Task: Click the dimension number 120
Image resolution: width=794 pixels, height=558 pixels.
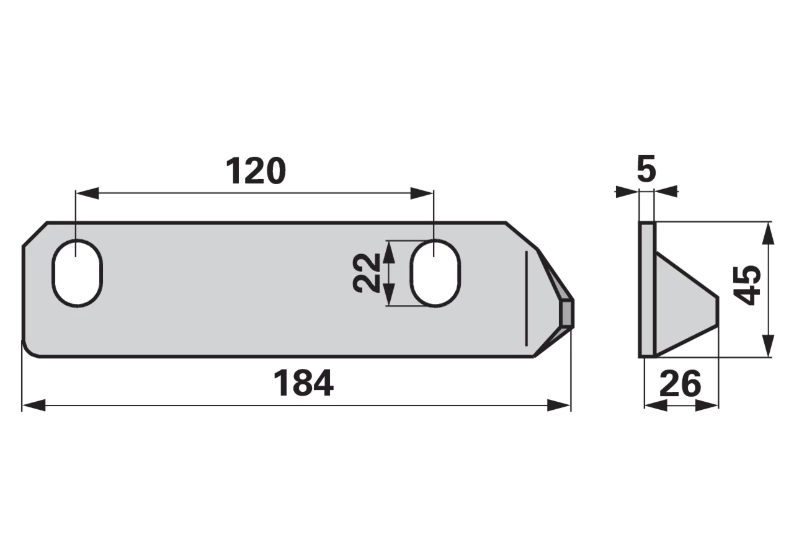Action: coord(256,171)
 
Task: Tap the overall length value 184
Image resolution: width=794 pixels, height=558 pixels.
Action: coord(303,383)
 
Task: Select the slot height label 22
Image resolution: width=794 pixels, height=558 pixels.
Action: coord(367,273)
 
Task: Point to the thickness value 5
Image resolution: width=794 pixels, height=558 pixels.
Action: coord(646,169)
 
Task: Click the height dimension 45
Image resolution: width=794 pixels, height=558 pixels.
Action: coord(747,286)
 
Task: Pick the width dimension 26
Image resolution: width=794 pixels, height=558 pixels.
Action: coord(680,383)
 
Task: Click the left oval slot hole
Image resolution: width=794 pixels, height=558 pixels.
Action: coord(78,273)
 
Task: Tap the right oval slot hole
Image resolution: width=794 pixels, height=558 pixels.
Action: coord(435,273)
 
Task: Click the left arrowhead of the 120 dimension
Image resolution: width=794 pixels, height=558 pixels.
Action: coord(87,193)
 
